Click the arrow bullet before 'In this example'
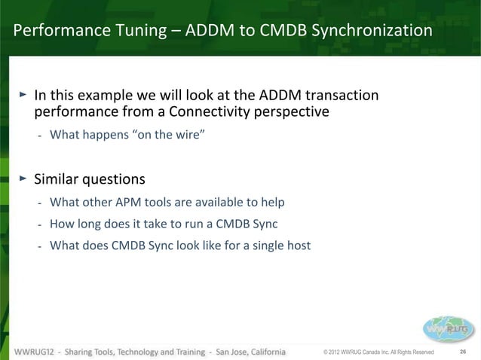(x=23, y=96)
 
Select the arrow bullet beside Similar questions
(x=23, y=179)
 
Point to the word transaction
(x=340, y=96)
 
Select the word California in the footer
(x=259, y=352)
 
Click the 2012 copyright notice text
(x=378, y=352)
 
